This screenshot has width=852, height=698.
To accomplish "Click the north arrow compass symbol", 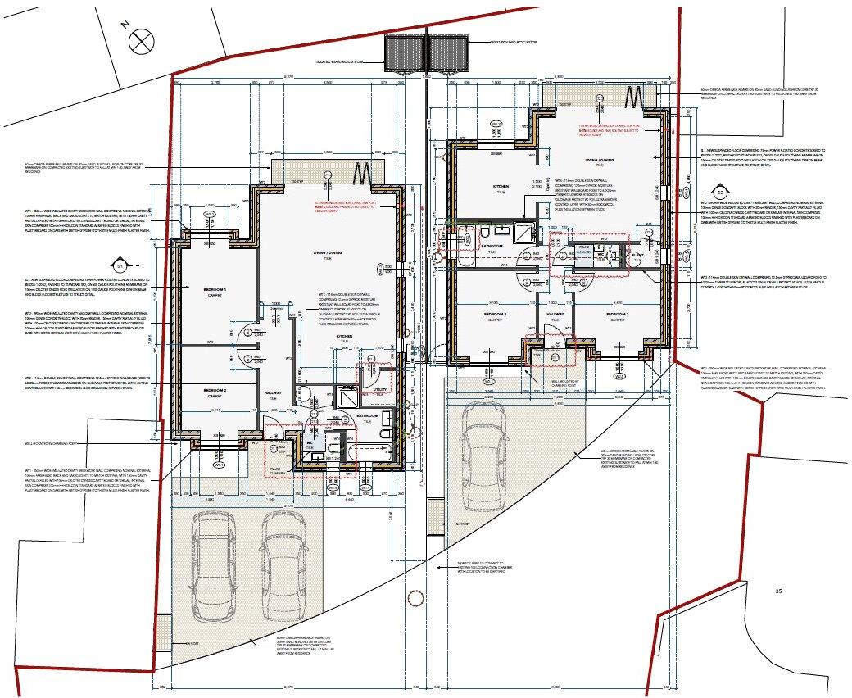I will pos(142,39).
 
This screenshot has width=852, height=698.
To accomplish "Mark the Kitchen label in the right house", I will pos(502,187).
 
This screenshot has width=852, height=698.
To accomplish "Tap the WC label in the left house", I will pos(310,443).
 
